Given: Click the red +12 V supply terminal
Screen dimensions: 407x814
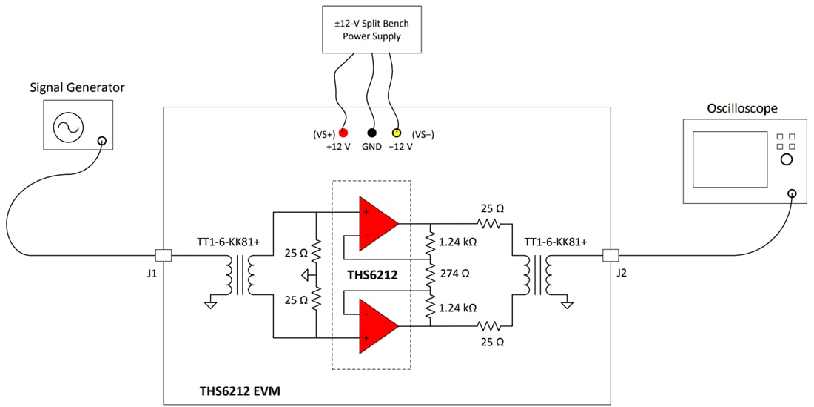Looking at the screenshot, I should pos(344,133).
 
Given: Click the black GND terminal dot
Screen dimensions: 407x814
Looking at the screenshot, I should pos(371,133).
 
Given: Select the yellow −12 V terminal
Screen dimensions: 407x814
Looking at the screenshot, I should pos(396,133).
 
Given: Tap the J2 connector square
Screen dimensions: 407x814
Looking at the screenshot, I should pos(610,255).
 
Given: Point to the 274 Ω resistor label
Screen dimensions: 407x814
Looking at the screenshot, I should pos(454,274).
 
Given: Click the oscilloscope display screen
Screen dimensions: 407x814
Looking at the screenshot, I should pos(730,159).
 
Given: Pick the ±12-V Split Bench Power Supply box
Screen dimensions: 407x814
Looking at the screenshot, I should pos(371,30).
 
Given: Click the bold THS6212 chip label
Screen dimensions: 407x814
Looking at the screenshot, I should pos(372,274).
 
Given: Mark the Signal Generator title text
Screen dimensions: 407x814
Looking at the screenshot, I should pos(77,87).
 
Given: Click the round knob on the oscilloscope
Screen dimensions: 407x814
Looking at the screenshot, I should pos(787,159).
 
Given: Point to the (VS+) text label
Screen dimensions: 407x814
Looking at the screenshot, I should pos(322,134).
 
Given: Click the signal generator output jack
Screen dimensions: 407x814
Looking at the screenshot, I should pos(101,141).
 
